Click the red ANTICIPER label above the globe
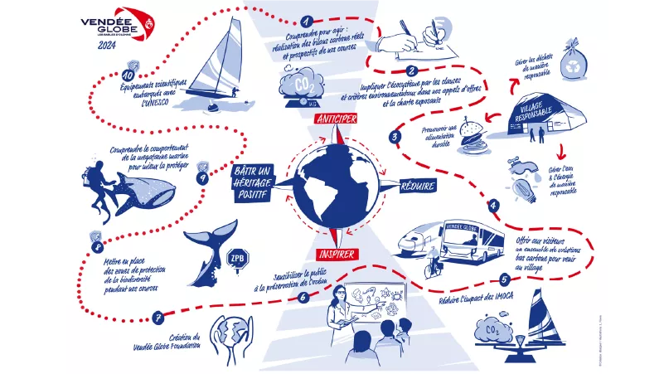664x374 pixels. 335,119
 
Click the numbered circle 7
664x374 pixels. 158,316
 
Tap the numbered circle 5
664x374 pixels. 505,280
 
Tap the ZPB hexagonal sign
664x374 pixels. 239,256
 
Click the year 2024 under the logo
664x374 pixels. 107,47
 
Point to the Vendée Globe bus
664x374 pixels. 471,238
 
